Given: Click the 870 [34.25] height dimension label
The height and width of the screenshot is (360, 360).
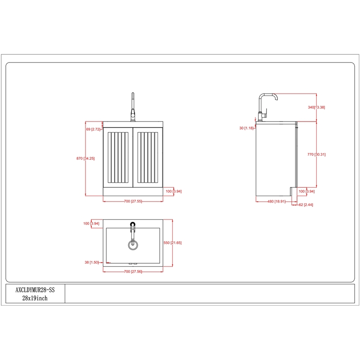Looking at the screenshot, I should [x=85, y=158].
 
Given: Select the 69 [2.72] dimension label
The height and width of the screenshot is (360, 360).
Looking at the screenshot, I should [x=94, y=129].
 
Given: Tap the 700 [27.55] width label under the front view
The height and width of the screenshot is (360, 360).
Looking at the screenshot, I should [x=133, y=201].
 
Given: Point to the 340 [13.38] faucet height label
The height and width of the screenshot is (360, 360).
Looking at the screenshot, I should [x=316, y=108].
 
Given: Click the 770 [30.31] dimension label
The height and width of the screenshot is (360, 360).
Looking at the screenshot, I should [x=316, y=154].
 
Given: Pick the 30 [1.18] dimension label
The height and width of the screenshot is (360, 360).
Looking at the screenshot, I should [x=247, y=128].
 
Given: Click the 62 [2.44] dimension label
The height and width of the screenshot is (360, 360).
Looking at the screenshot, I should [x=306, y=205].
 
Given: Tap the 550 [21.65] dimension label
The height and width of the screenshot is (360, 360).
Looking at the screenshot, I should [x=173, y=243].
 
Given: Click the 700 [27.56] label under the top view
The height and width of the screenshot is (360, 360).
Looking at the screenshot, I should [x=133, y=271].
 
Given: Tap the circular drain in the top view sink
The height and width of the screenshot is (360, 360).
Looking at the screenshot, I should [x=132, y=245].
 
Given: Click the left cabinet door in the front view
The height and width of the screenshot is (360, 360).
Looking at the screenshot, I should [x=118, y=158].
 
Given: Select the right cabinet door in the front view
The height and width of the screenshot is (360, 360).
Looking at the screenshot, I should [x=148, y=158].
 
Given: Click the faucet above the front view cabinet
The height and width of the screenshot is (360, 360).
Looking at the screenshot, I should [x=133, y=108].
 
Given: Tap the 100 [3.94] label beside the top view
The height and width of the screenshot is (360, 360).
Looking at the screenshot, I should [x=91, y=224].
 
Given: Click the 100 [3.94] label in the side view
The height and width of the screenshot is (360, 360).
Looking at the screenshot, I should [x=306, y=191].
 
